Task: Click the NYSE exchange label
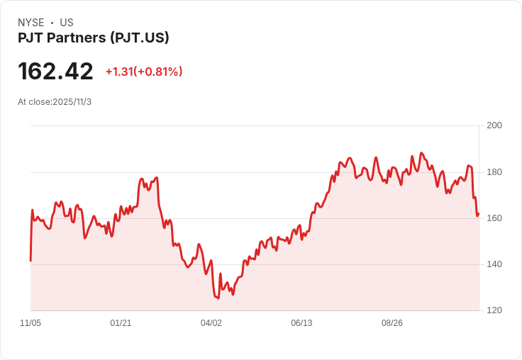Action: pos(31,23)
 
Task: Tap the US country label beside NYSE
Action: pos(67,23)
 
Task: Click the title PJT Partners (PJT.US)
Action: pos(94,38)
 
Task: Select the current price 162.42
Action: pos(55,71)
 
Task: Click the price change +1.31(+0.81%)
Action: pos(144,72)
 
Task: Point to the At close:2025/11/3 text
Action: pos(55,102)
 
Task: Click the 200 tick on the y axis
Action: pos(494,125)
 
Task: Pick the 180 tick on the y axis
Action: pos(494,172)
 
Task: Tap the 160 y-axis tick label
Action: pos(494,218)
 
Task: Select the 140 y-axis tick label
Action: pos(494,264)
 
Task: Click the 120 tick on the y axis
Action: pos(494,310)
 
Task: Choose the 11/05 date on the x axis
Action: pos(30,323)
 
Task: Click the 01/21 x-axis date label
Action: pos(121,323)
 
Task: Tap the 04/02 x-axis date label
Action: pos(211,323)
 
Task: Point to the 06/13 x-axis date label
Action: pos(301,323)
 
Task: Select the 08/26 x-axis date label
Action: pos(392,323)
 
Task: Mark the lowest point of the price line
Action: pos(218,298)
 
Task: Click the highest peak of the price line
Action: pos(422,153)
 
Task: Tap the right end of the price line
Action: pos(479,214)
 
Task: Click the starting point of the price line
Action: pos(30,261)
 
